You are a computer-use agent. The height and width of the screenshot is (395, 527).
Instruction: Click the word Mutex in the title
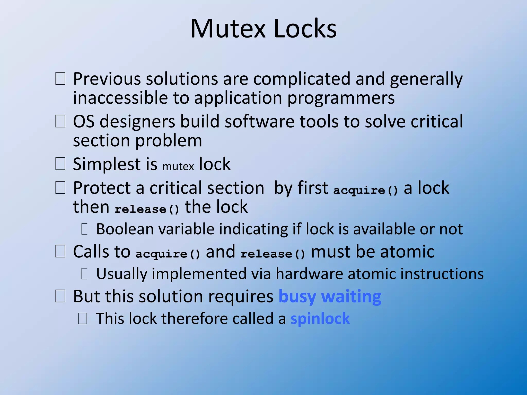pyautogui.click(x=228, y=29)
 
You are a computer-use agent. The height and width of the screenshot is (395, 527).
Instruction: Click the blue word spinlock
pyautogui.click(x=320, y=319)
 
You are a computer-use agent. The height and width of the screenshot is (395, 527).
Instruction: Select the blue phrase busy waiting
pyautogui.click(x=330, y=297)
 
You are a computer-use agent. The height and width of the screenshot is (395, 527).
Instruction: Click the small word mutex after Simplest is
pyautogui.click(x=178, y=166)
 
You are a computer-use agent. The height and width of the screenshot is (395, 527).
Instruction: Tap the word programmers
pyautogui.click(x=341, y=98)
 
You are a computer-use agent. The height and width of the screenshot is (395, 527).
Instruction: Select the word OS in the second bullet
pyautogui.click(x=84, y=121)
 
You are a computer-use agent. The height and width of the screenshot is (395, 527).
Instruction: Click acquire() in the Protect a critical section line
pyautogui.click(x=365, y=190)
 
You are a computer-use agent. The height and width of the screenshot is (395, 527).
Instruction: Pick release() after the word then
pyautogui.click(x=147, y=209)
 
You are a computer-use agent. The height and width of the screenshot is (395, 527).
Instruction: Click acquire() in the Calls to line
pyautogui.click(x=168, y=254)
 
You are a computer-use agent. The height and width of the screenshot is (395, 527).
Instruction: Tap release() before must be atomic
pyautogui.click(x=273, y=254)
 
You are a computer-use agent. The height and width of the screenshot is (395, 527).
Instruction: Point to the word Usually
pyautogui.click(x=121, y=274)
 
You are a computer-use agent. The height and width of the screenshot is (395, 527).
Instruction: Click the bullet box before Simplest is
pyautogui.click(x=60, y=164)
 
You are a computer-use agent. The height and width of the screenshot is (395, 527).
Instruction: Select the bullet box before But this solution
pyautogui.click(x=60, y=296)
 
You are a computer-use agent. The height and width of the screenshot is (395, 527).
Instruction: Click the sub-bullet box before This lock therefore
pyautogui.click(x=83, y=319)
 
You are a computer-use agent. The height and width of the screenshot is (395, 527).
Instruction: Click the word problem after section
pyautogui.click(x=169, y=141)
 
